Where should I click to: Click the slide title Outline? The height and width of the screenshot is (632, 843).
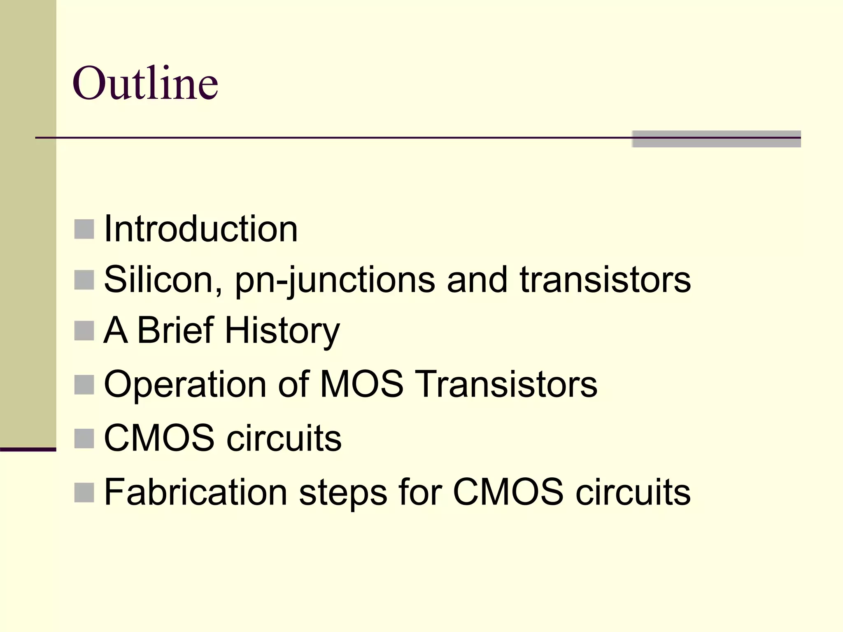[145, 84]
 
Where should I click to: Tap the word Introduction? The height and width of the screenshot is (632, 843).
[201, 229]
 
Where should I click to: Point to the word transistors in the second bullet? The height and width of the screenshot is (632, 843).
[605, 280]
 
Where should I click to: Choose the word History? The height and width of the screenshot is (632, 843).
[282, 331]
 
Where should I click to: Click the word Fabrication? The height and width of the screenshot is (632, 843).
[196, 492]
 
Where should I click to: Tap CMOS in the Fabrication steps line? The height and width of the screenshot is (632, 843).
[508, 492]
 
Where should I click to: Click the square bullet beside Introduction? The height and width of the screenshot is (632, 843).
[84, 229]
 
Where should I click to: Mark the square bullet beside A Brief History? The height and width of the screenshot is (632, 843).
[84, 331]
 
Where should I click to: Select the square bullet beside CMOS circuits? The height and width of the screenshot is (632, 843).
[84, 438]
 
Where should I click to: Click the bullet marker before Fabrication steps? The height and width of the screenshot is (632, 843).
[84, 493]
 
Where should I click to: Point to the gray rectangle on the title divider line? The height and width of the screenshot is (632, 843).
[716, 139]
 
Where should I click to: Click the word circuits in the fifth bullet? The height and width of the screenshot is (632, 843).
[284, 438]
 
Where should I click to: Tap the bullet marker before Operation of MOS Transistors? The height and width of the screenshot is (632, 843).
[84, 385]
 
